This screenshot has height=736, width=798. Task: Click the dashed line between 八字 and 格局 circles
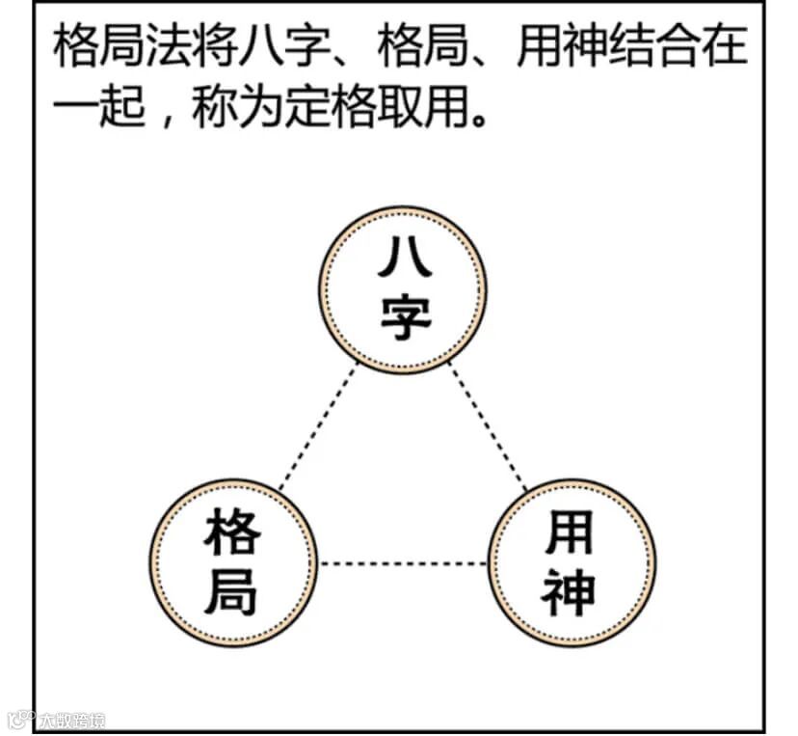click(x=317, y=428)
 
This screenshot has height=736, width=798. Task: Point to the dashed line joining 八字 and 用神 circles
click(x=489, y=428)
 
